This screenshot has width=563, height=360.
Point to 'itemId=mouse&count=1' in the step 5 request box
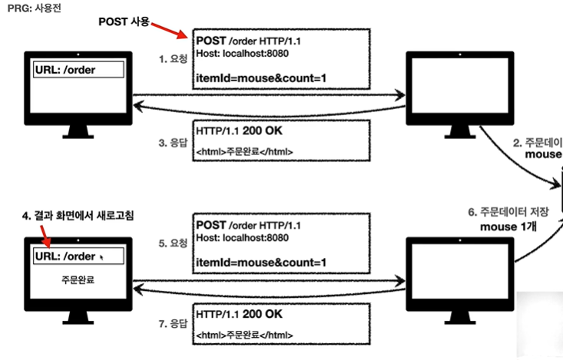[x=261, y=263]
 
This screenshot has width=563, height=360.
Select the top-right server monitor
[x=449, y=84]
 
